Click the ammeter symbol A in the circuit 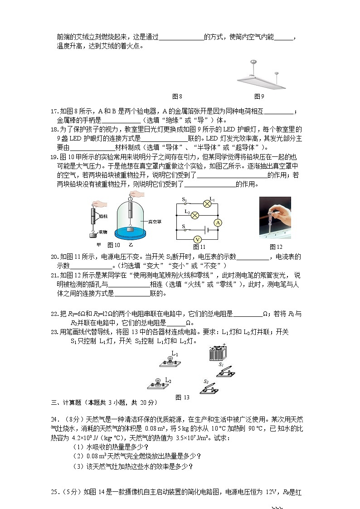217,223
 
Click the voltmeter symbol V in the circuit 197,239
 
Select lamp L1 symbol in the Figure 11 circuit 207,204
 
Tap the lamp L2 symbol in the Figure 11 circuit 195,215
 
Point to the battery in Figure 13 218,353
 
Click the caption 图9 259,96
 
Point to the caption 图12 276,247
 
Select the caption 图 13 182,398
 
